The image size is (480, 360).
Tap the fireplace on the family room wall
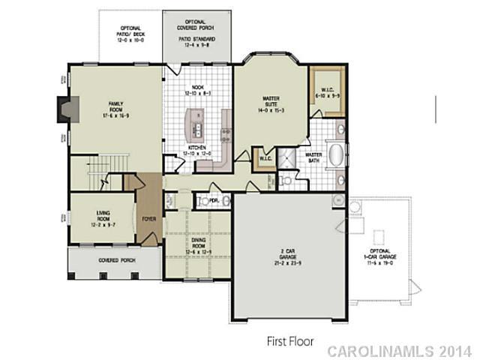[64, 111]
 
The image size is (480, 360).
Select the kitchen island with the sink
[196, 121]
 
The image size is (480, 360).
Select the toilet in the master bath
[285, 180]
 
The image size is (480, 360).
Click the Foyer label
[149, 219]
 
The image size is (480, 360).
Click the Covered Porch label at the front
[114, 260]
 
